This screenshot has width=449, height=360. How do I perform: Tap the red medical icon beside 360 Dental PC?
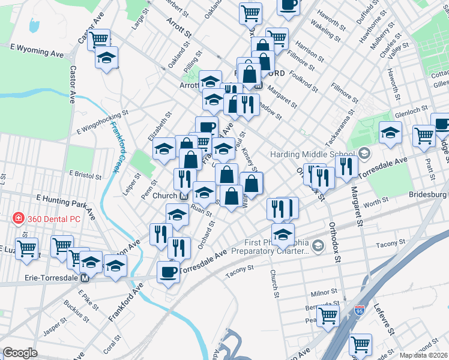tap(19, 218)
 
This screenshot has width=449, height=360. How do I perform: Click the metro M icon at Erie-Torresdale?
tap(85, 278)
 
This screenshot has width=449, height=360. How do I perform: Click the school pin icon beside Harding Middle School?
tap(364, 154)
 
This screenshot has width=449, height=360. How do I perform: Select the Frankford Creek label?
tap(118, 147)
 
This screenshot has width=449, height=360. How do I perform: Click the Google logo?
tap(20, 353)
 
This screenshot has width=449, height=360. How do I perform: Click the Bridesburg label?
tap(427, 195)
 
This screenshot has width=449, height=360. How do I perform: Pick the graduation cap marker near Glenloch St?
tap(390, 133)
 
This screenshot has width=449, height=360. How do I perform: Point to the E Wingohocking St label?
tap(103, 122)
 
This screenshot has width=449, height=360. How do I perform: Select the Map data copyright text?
tap(424, 355)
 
